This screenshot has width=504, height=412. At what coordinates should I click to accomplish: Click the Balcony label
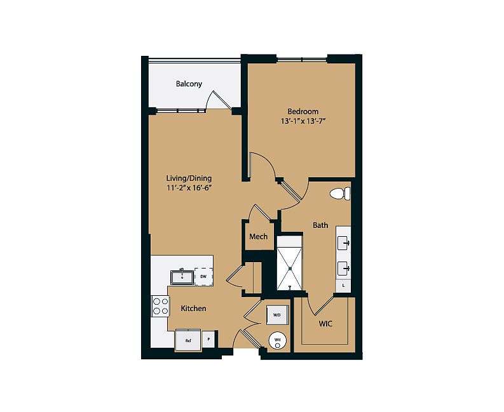[x=189, y=84]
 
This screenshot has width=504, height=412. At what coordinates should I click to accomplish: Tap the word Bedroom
[x=303, y=112]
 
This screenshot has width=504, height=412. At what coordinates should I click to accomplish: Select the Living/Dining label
[x=189, y=178]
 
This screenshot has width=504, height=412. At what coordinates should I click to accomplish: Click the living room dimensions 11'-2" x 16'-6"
[x=188, y=188]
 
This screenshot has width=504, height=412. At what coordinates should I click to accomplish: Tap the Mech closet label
[x=259, y=237]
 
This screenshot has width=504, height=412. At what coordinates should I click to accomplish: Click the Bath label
[x=320, y=225]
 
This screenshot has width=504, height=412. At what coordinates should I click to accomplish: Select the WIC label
[x=325, y=324]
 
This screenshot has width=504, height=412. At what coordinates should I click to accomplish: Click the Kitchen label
[x=193, y=309]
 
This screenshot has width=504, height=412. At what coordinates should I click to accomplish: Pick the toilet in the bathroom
[x=340, y=194]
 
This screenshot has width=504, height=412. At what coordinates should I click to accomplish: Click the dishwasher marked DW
[x=203, y=277]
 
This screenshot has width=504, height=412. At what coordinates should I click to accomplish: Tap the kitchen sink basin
[x=182, y=277]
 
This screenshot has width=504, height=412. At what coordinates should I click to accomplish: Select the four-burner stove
[x=160, y=306]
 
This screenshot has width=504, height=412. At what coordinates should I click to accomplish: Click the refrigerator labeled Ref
[x=188, y=340]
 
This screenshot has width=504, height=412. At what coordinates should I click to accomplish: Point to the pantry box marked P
[x=208, y=339]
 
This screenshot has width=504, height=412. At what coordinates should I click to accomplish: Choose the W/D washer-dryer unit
[x=277, y=315]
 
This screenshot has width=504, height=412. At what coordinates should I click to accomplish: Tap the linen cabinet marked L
[x=343, y=286]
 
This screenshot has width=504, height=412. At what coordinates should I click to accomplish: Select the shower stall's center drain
[x=290, y=268]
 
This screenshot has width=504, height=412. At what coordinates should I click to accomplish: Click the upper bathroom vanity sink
[x=343, y=243]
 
